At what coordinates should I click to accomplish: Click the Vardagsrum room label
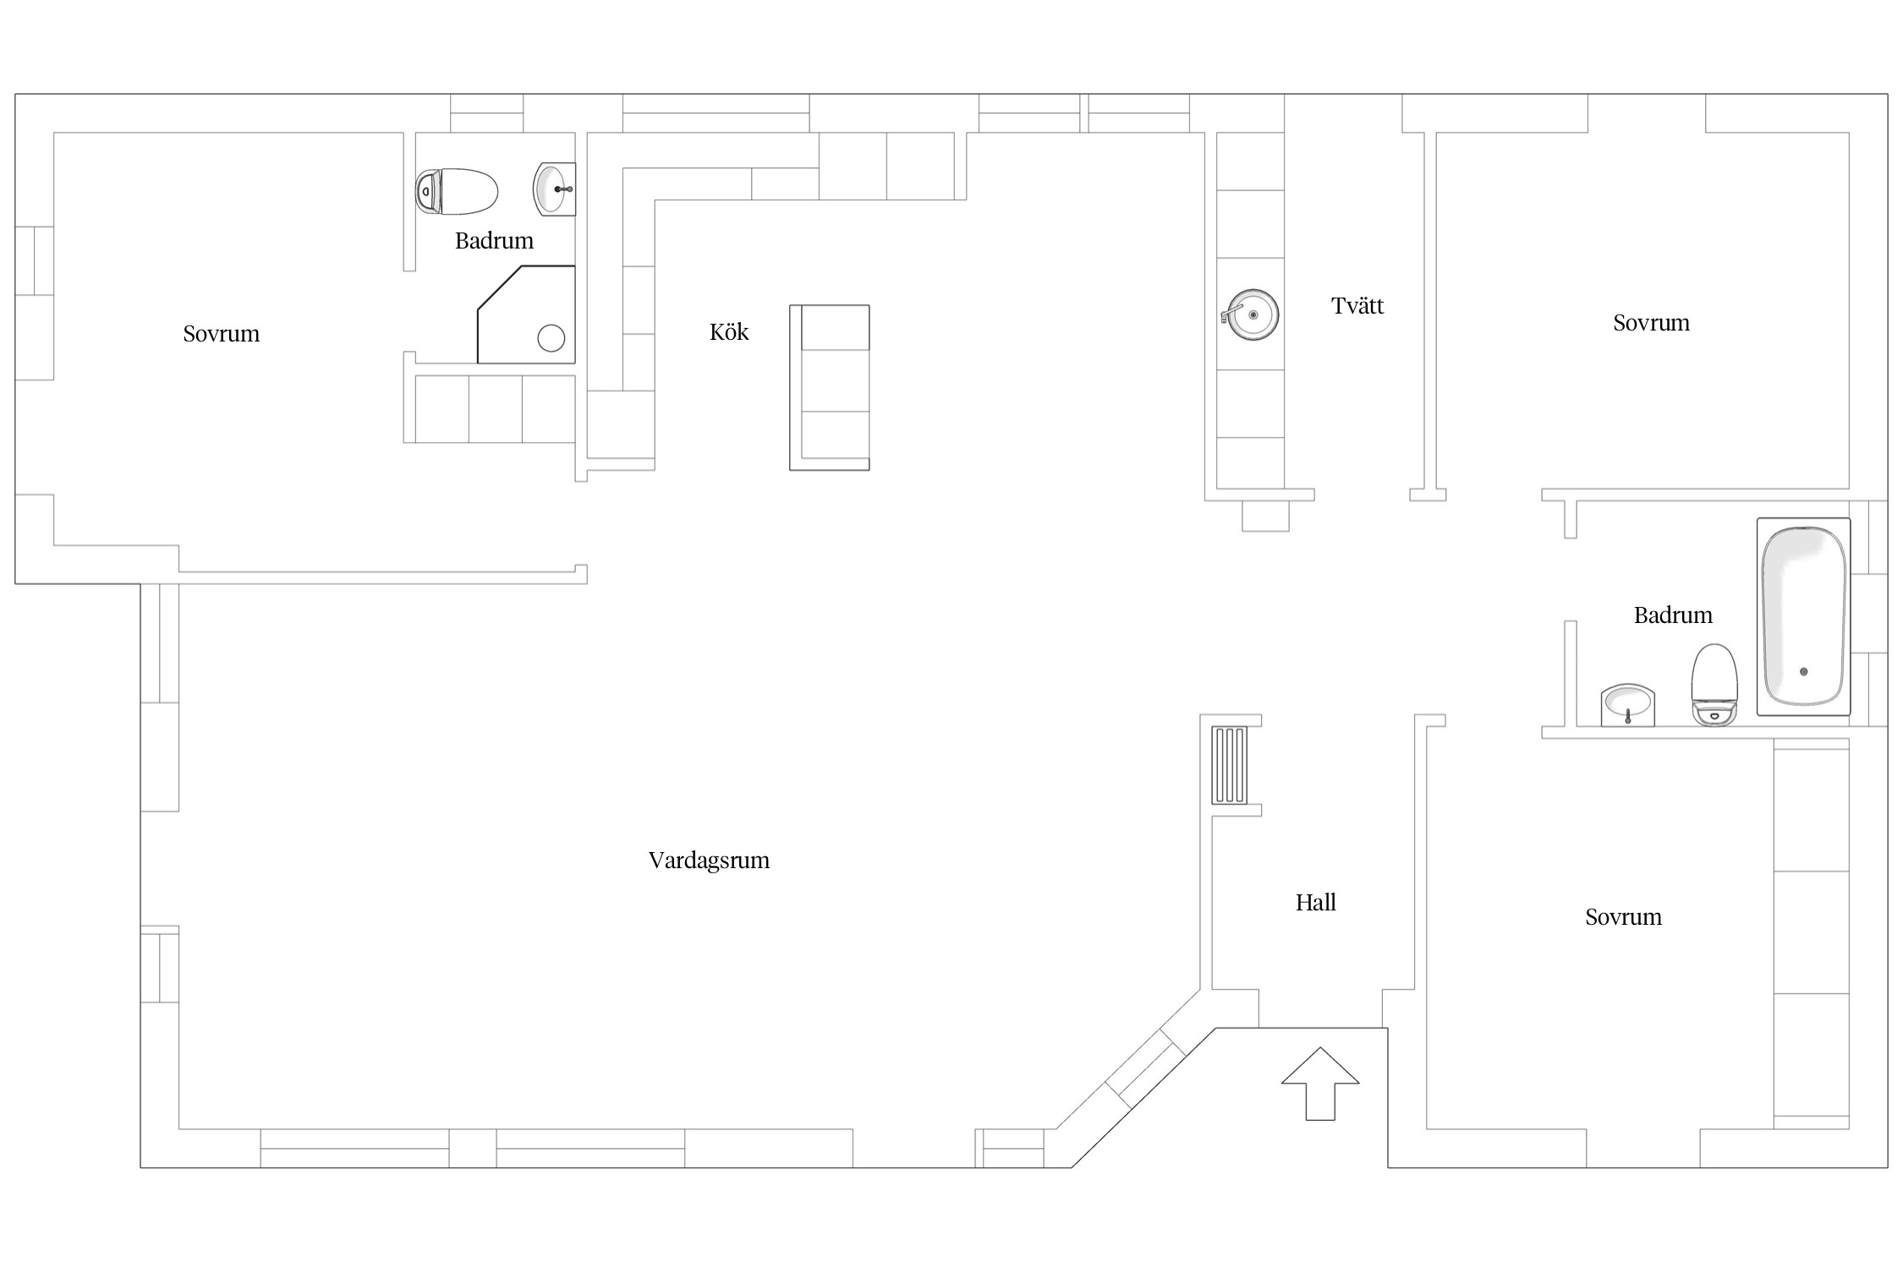709,861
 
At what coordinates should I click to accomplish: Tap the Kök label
729,331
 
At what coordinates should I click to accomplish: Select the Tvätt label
1357,305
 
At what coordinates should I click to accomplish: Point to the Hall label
1315,902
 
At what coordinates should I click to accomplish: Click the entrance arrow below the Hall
1320,1084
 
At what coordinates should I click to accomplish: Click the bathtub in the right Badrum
1803,616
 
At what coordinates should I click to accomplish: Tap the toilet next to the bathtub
1714,685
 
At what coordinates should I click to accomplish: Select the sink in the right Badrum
1627,705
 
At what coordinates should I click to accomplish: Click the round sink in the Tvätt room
1251,315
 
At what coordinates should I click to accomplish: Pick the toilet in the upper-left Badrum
456,192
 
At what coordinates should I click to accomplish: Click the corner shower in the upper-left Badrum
526,314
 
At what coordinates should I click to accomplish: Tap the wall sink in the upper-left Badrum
554,189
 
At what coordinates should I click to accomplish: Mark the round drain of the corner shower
551,338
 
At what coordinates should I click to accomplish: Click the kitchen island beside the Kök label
830,387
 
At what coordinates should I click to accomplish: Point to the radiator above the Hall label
1229,765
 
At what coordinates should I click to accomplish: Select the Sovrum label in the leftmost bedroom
222,334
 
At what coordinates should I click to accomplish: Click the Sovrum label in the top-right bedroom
1651,323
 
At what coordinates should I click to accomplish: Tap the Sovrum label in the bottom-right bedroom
1623,917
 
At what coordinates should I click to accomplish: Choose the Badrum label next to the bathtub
1673,615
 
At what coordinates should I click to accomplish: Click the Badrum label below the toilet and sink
494,241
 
